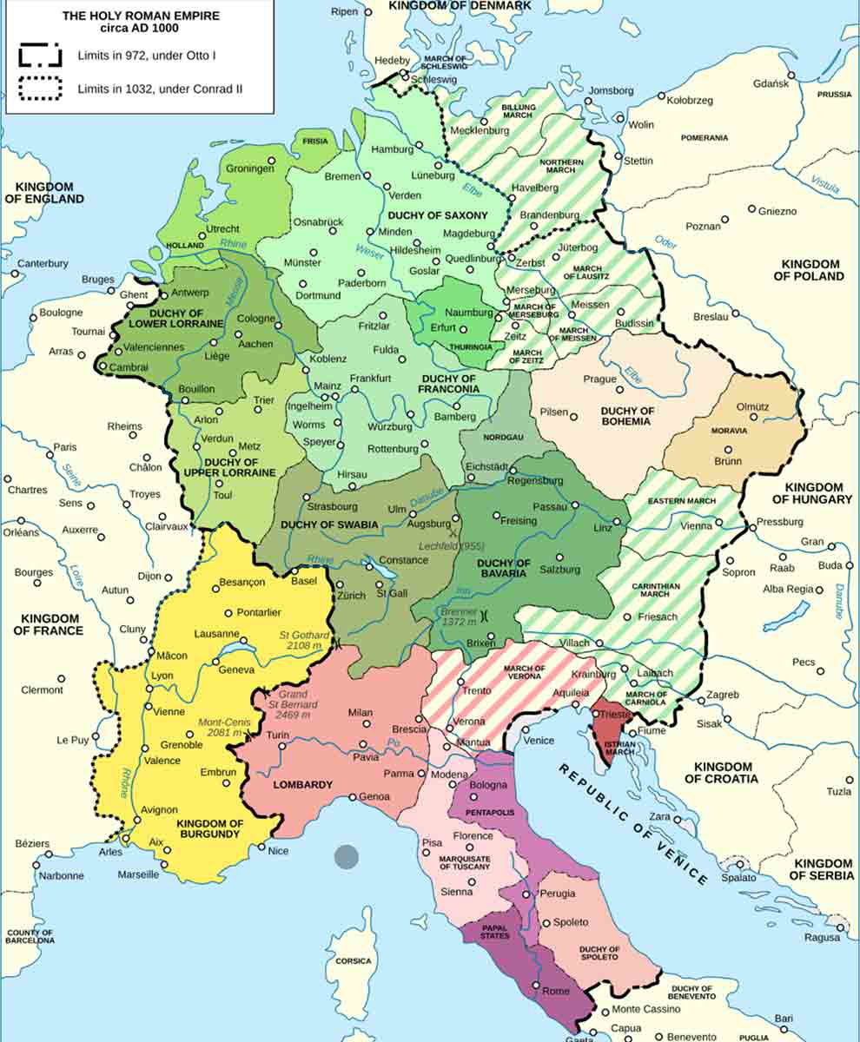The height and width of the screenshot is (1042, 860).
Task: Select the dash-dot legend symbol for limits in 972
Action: click(40, 56)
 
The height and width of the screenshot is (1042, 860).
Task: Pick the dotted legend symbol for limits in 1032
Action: click(40, 89)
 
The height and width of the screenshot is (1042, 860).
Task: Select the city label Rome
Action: click(555, 991)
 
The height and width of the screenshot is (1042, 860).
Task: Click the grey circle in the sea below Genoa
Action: click(347, 857)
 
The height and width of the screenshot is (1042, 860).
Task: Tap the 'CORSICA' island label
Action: click(354, 961)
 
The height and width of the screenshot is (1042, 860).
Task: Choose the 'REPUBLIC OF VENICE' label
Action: click(633, 824)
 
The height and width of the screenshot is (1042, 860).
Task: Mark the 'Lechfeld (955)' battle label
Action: click(451, 546)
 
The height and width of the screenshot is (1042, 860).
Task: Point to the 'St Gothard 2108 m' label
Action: click(301, 641)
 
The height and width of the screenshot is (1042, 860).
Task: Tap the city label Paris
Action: click(64, 447)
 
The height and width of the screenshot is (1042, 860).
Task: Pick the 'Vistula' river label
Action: click(824, 184)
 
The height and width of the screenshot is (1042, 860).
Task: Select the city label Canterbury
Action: click(43, 263)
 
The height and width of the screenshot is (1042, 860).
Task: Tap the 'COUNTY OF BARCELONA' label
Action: click(30, 936)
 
